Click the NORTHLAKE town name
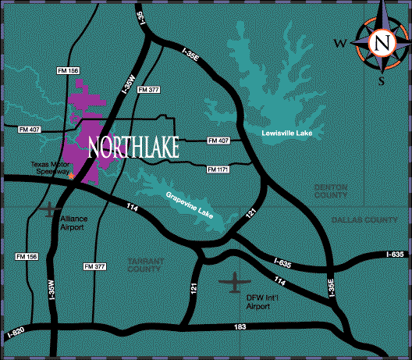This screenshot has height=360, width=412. [133, 146]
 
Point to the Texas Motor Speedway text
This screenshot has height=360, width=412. [50, 169]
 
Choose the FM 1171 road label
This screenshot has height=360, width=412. [218, 169]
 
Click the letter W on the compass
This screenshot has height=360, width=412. [339, 43]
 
